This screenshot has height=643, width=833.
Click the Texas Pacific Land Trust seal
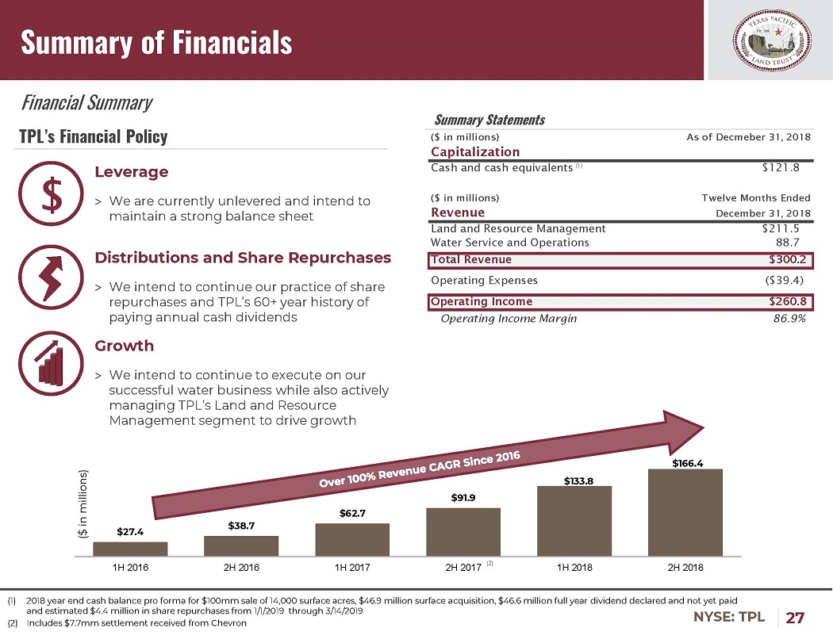(768, 40)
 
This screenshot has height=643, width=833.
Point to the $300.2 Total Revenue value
(789, 259)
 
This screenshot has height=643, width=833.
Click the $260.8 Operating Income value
(789, 301)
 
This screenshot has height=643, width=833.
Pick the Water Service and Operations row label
(509, 243)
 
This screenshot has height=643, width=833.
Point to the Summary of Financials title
(156, 42)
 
